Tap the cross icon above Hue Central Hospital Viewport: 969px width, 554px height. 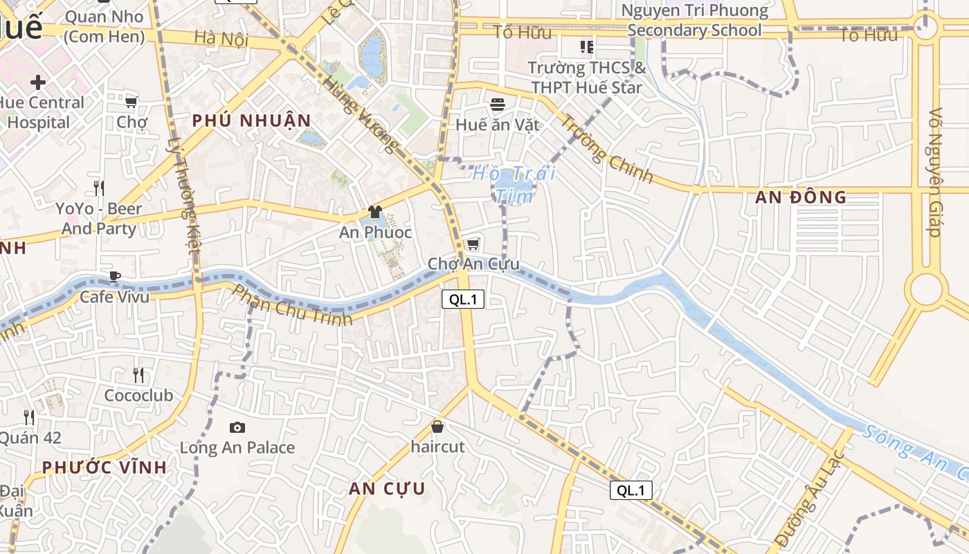(x=38, y=83)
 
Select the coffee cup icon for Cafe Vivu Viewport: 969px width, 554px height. (x=115, y=277)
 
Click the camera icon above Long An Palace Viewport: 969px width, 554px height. (x=237, y=428)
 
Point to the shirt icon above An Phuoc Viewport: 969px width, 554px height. (x=375, y=212)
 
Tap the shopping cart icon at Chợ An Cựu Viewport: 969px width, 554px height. (x=473, y=244)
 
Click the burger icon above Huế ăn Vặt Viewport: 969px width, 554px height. (x=498, y=105)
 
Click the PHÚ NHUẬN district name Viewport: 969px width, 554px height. (x=252, y=120)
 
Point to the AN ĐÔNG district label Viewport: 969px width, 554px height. (x=801, y=197)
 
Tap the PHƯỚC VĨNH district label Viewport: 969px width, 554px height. (x=105, y=467)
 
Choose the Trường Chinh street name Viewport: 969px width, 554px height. (x=606, y=149)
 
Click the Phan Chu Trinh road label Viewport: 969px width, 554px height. (x=291, y=305)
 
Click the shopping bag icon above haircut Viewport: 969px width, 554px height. (x=437, y=427)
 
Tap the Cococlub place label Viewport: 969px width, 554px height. (x=138, y=395)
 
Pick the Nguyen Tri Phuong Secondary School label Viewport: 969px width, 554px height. (x=695, y=21)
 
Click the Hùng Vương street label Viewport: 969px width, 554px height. (x=361, y=114)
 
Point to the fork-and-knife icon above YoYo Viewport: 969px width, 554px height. (x=99, y=188)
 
